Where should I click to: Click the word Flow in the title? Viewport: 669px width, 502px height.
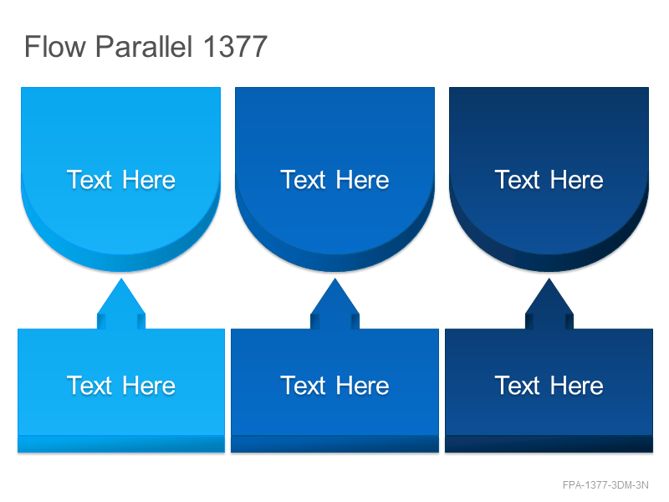click(55, 46)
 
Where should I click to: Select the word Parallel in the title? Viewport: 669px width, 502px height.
click(144, 46)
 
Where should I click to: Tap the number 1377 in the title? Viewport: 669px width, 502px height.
click(235, 46)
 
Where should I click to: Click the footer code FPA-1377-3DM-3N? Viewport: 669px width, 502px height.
click(605, 485)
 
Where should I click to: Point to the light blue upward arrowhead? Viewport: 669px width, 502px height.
click(121, 303)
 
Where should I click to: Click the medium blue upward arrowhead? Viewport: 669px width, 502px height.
click(335, 303)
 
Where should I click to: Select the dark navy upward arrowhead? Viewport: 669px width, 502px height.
click(549, 303)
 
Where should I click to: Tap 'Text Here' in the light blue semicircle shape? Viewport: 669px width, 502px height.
click(121, 180)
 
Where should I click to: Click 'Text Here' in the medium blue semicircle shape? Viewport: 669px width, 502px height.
click(335, 180)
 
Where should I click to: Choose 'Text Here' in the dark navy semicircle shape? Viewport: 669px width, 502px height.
click(549, 180)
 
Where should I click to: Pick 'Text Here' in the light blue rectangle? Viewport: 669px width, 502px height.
click(121, 386)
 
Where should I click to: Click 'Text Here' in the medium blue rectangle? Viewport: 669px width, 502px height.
click(335, 386)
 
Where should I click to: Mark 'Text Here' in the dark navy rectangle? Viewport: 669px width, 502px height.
click(549, 386)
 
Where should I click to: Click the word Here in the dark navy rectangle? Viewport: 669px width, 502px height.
click(577, 386)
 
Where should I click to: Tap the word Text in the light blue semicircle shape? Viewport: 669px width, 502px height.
click(89, 180)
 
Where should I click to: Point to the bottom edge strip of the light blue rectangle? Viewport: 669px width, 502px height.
click(121, 444)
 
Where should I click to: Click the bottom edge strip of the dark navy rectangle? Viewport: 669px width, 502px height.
click(549, 444)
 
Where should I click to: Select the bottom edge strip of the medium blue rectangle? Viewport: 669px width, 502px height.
click(335, 444)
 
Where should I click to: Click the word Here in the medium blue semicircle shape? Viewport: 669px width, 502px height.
click(363, 180)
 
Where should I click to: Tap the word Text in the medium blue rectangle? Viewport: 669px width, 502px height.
click(303, 386)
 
